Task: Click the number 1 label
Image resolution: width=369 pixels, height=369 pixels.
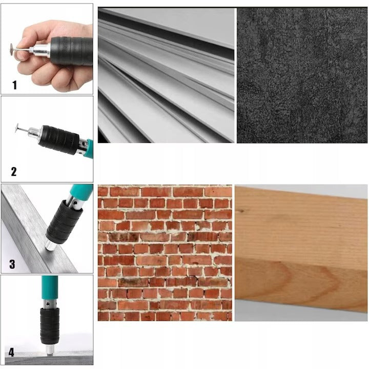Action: pos(14,85)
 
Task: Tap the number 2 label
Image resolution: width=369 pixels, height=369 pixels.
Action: pos(14,172)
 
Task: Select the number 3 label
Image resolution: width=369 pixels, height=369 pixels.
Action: pos(12,264)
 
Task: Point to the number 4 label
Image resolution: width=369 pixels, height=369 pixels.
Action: pos(11,352)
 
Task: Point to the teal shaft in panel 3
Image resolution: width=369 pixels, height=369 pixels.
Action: pos(79,195)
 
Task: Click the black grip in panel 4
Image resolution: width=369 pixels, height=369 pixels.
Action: pos(49,323)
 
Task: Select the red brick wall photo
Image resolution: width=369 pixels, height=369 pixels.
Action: pos(165,253)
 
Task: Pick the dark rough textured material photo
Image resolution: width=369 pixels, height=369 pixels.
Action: pos(302,75)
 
